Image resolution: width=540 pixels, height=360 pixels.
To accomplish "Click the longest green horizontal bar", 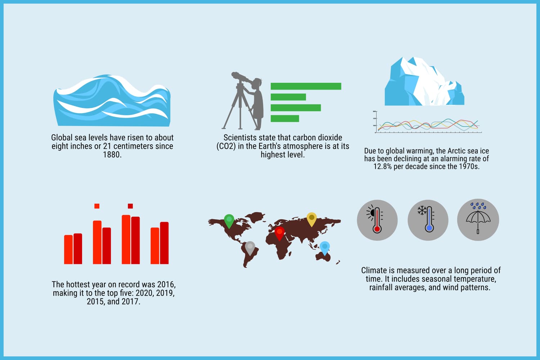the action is click(306, 86).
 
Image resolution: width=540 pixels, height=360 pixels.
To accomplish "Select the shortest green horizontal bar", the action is click(285, 118).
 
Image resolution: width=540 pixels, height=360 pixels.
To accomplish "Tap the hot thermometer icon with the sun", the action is click(377, 220).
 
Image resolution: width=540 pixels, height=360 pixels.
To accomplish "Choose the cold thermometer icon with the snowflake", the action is click(428, 220).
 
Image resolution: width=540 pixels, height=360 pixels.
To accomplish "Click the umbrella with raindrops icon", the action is click(478, 220).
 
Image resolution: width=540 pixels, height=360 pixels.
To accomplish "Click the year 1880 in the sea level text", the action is click(112, 154).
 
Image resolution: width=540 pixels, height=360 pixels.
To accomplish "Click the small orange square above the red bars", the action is click(97, 206).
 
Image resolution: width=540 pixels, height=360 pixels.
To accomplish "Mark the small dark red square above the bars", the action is click(130, 206).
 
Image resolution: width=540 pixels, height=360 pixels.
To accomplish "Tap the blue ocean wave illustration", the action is click(112, 100).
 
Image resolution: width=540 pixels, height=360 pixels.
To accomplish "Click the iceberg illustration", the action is click(424, 81).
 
